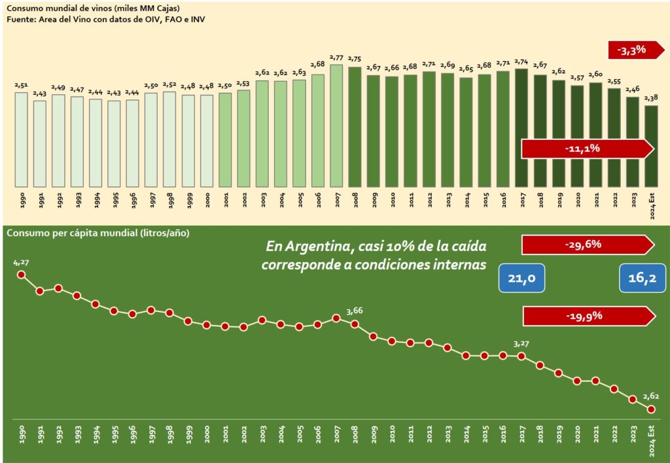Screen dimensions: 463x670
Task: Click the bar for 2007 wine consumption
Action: coord(337,124)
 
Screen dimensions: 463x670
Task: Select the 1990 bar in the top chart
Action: coord(21,139)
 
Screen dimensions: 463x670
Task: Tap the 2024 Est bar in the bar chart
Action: coord(651,145)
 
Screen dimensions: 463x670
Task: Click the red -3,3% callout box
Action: coord(627,50)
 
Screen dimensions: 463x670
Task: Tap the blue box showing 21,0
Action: coord(522,279)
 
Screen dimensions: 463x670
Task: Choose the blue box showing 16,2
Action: coord(643,279)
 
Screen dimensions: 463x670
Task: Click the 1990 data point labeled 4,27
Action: coord(21,275)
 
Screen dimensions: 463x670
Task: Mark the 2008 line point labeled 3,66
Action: coord(355,324)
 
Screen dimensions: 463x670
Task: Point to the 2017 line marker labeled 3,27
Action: coord(521,356)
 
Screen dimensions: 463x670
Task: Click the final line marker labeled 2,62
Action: coord(651,409)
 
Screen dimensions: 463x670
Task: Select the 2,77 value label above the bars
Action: coord(337,58)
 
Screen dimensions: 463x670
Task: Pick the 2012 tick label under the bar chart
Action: coord(429,199)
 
